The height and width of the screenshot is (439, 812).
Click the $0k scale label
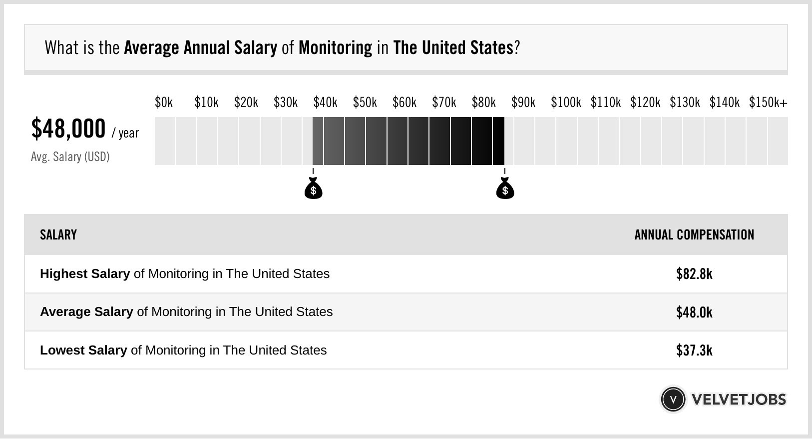point(163,102)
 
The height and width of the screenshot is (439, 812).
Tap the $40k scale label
point(325,102)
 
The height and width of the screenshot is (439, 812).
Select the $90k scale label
point(523,102)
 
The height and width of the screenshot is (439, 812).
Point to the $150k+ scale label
point(768,102)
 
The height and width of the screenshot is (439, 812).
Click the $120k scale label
point(645,102)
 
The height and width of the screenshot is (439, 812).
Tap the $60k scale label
point(404,102)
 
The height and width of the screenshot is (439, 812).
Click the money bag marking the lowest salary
point(313,188)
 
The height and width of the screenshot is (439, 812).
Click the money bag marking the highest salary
point(505,188)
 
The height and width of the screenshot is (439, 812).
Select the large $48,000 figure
point(68,128)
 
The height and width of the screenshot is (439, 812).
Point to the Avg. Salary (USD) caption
point(70,157)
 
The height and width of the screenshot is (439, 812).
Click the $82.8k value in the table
point(694,274)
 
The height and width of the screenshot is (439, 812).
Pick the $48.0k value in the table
point(694,312)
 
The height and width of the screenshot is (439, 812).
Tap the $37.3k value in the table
point(694,350)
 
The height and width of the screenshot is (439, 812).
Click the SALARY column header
point(58,235)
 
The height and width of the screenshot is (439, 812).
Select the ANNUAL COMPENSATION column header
point(694,235)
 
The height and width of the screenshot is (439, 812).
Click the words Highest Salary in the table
point(85,274)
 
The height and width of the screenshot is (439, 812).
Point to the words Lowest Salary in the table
point(83,350)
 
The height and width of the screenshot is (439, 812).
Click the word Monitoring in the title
point(335,48)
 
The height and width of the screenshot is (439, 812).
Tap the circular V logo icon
point(673,399)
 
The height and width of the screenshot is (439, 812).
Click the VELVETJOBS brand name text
point(739,399)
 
